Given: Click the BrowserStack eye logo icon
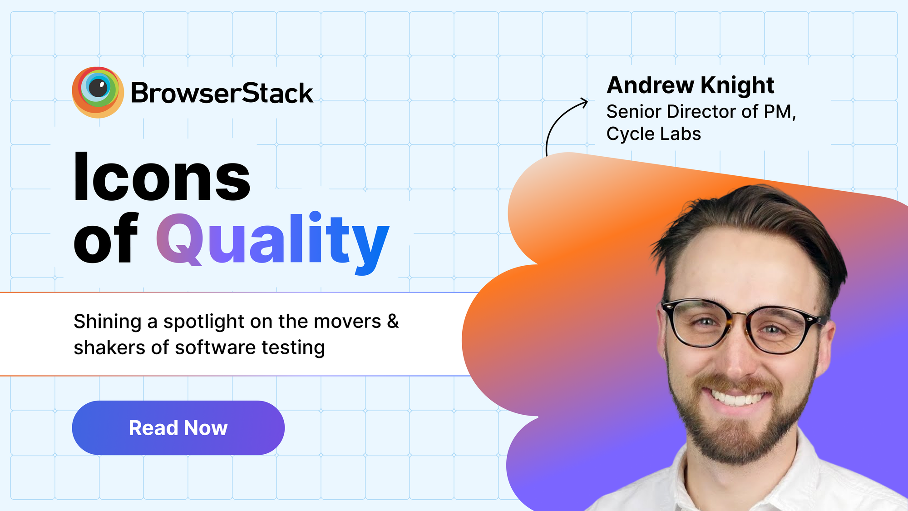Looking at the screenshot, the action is [x=98, y=92].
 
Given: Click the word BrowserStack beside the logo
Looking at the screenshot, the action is [x=222, y=93].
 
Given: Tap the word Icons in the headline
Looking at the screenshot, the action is [x=162, y=176].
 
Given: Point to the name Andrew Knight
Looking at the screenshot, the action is [x=690, y=85].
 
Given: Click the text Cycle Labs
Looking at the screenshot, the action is [x=654, y=134].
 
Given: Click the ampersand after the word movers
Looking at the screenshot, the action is [x=393, y=321].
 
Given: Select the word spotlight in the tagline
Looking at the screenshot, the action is [x=204, y=322].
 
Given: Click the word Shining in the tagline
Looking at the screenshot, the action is [x=108, y=322].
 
